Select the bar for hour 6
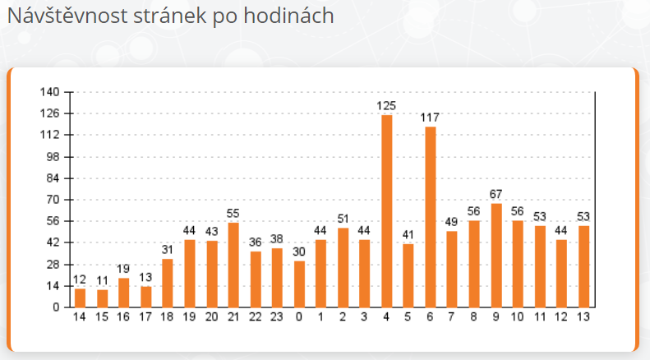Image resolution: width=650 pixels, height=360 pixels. click(431, 217)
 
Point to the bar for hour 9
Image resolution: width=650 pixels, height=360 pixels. click(496, 256)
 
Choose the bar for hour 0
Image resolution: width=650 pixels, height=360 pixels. click(299, 284)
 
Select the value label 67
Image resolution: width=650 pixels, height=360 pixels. click(496, 194)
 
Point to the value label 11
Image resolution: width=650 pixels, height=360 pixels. click(102, 280)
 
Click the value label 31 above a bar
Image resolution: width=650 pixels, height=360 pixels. click(168, 250)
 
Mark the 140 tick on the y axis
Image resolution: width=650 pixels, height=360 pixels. click(51, 92)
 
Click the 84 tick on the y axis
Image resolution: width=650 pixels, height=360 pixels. click(53, 178)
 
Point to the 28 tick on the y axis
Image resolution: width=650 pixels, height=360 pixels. click(53, 265)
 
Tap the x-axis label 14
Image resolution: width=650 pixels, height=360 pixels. click(80, 317)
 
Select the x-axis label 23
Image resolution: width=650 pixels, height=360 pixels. click(277, 317)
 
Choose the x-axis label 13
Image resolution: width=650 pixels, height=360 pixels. click(583, 317)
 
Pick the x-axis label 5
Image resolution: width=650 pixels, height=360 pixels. click(408, 317)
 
